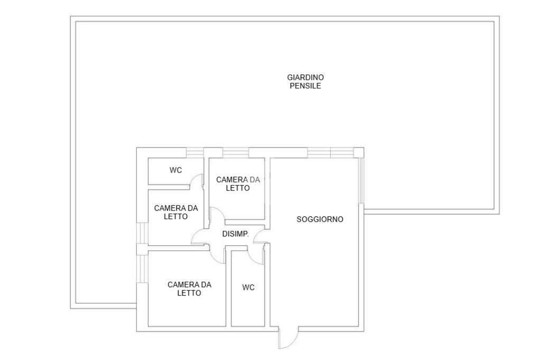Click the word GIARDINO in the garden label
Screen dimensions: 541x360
(305, 77)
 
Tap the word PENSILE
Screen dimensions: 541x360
(305, 86)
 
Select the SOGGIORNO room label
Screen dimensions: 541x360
(320, 219)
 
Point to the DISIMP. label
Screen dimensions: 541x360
(235, 234)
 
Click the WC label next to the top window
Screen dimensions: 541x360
(175, 170)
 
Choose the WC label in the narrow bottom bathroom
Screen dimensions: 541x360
(248, 287)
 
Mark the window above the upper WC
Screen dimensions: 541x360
(194, 153)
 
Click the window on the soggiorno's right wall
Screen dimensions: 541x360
(360, 181)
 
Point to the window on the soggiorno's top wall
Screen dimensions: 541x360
(331, 153)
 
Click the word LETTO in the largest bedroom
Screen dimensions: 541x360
(189, 293)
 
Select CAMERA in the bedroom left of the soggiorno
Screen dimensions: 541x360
(232, 179)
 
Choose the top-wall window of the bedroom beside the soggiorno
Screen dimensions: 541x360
(235, 153)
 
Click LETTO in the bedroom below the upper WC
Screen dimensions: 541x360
(175, 216)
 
